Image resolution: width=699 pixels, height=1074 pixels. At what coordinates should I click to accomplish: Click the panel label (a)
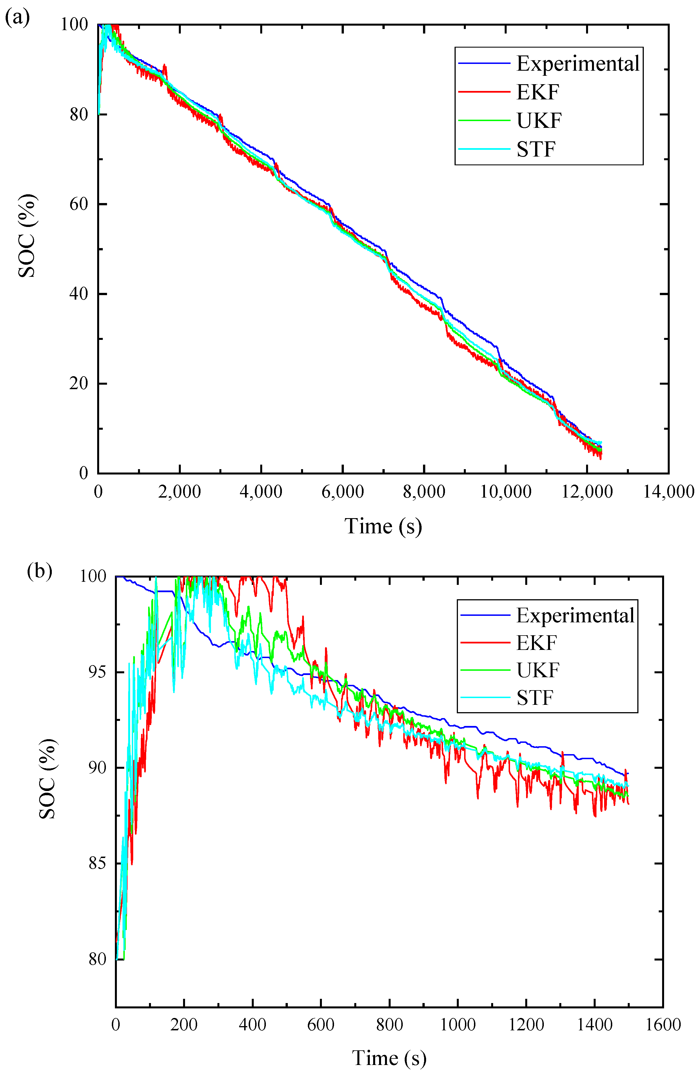(x=17, y=18)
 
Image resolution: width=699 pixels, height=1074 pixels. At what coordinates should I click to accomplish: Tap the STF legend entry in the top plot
(x=536, y=149)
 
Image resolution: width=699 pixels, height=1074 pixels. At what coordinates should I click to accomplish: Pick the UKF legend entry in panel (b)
(x=537, y=670)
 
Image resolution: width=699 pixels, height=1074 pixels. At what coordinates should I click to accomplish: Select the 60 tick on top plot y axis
(x=79, y=204)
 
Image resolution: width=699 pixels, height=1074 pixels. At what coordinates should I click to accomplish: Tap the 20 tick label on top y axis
(x=79, y=384)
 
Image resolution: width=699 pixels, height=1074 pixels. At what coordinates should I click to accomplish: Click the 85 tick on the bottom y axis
(x=97, y=863)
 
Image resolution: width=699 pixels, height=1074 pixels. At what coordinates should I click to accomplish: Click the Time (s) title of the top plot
(x=383, y=527)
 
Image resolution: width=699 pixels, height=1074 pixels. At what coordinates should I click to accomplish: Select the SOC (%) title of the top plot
(x=27, y=236)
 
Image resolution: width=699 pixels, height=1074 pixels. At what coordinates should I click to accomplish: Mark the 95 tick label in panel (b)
(x=97, y=672)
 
